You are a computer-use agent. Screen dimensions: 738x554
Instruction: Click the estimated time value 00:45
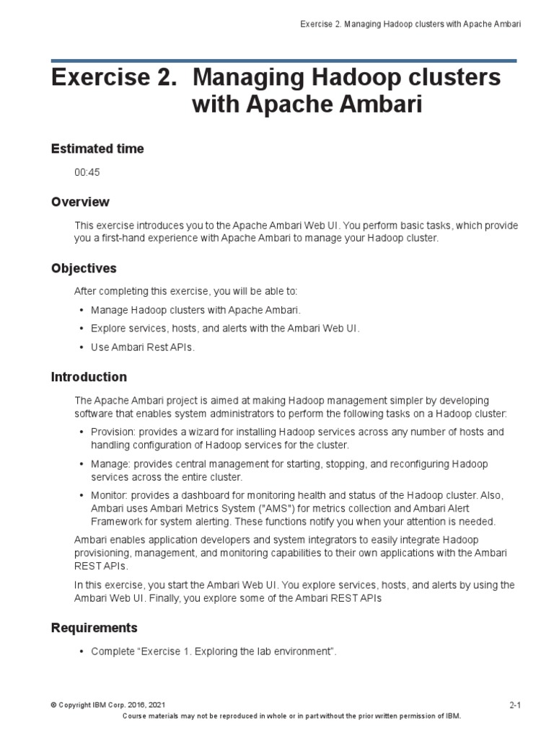click(x=87, y=173)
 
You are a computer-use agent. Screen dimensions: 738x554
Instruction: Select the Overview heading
click(x=80, y=202)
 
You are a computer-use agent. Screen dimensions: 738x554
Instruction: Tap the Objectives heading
click(x=84, y=268)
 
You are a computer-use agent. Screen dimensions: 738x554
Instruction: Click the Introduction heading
click(x=89, y=377)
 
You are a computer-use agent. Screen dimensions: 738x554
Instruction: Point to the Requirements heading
click(x=94, y=628)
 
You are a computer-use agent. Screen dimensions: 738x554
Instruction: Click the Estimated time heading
click(x=97, y=148)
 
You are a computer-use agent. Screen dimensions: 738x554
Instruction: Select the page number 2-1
click(x=514, y=706)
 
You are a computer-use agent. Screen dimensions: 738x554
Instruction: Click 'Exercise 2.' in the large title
click(x=113, y=78)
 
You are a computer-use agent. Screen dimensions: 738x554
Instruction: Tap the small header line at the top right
click(x=410, y=25)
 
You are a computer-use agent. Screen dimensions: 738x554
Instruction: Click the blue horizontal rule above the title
click(x=283, y=61)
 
